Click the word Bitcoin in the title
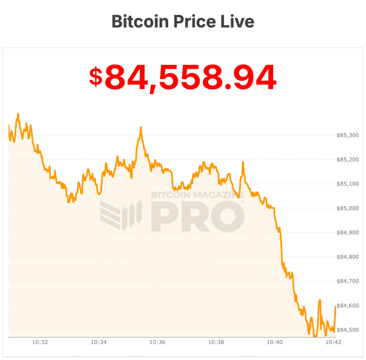pos(140,21)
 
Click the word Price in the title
pos(196,21)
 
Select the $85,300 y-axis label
pos(348,135)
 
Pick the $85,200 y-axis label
pos(348,160)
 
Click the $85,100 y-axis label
pos(348,184)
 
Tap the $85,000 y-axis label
pos(348,208)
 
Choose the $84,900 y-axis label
pos(348,232)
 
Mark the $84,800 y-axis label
pos(348,257)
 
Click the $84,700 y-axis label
pos(348,281)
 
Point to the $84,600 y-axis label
pos(348,305)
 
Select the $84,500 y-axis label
pos(348,330)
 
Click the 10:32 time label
pos(40,342)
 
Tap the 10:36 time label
pos(157,342)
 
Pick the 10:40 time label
pos(275,342)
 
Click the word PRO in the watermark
pos(197,217)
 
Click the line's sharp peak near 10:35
pos(141,127)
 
